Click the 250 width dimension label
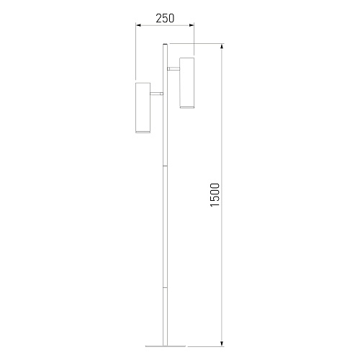[x=165, y=18]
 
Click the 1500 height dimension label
[x=215, y=194]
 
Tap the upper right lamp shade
[x=186, y=83]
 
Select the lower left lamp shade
[x=143, y=108]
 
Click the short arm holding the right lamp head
[x=174, y=69]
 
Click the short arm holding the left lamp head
[x=157, y=94]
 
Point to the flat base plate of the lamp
[x=166, y=346]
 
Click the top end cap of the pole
[x=165, y=45]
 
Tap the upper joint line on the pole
[x=165, y=166]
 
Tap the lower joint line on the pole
[x=165, y=287]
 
